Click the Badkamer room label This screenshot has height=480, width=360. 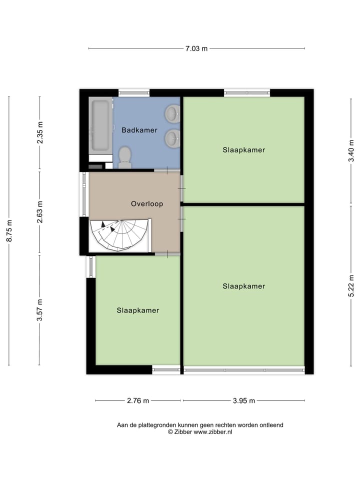(139, 130)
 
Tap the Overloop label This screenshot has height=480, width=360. (147, 203)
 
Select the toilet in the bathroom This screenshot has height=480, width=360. (125, 157)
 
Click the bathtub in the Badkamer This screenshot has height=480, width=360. (100, 125)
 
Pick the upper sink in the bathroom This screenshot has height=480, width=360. (173, 113)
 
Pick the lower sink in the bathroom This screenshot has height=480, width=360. (173, 137)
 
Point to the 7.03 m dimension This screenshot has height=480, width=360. (196, 48)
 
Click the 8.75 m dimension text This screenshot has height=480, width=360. (9, 230)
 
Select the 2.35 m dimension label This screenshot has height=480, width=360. (40, 133)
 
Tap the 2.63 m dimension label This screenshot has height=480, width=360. (40, 213)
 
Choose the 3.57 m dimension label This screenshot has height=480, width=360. (40, 310)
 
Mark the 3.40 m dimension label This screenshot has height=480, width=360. (352, 150)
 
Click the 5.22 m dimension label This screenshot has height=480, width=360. (352, 285)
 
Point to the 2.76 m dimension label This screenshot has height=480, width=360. (138, 400)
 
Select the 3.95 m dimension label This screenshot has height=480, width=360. (243, 400)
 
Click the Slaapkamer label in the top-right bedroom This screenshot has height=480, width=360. (244, 149)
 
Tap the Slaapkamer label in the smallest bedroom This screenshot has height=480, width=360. (138, 310)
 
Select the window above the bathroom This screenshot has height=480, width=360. (134, 92)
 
